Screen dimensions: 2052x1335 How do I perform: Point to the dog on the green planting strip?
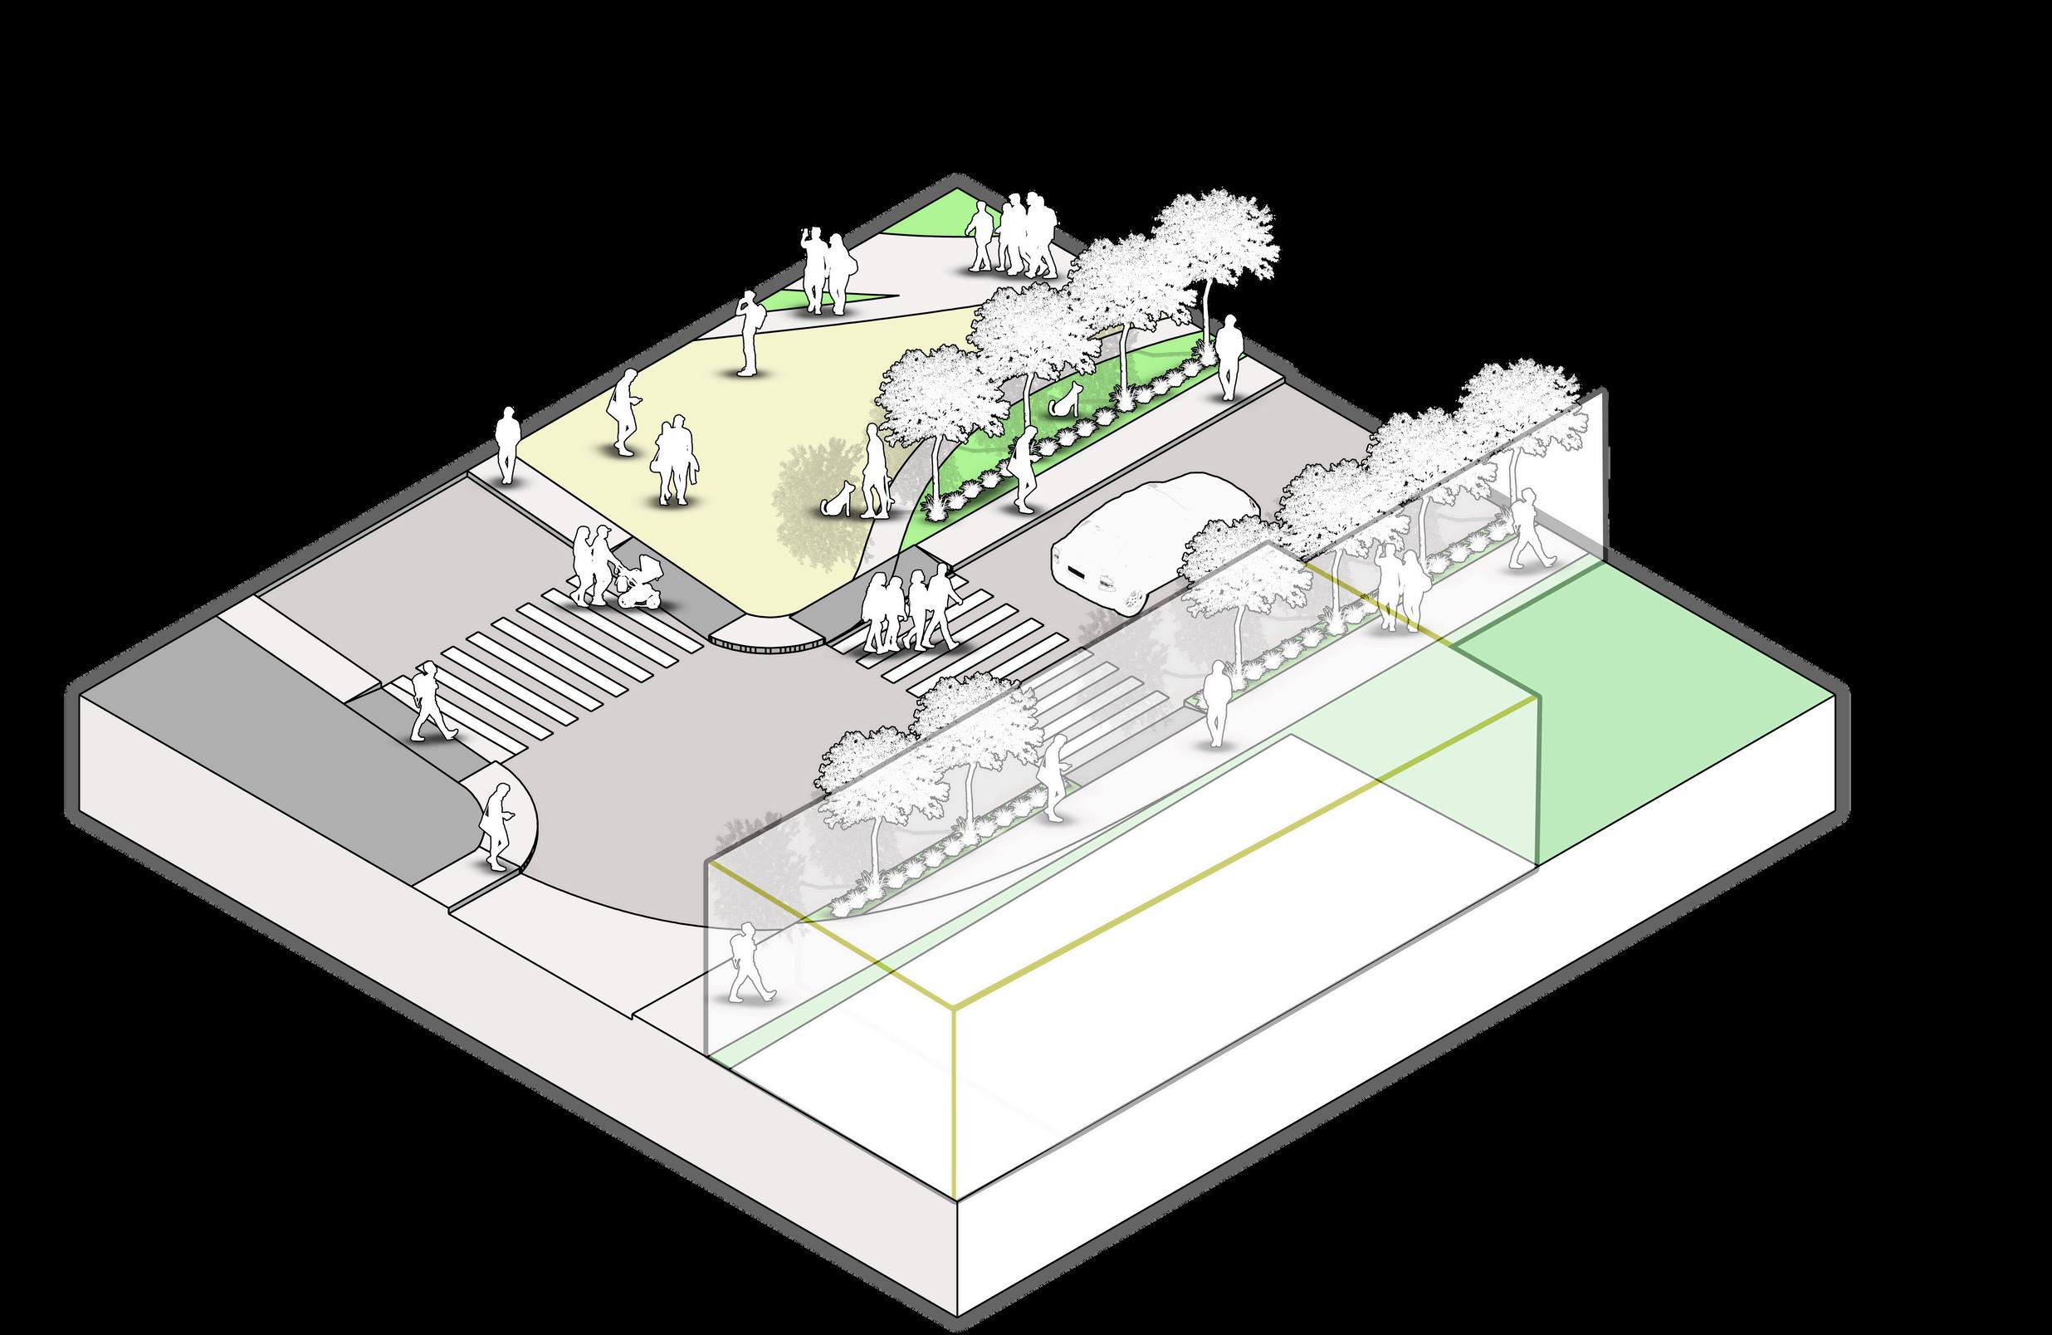[x=1067, y=399]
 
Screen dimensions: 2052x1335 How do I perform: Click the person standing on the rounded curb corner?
[x=496, y=826]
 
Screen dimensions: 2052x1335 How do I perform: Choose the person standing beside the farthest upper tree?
[x=1228, y=355]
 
